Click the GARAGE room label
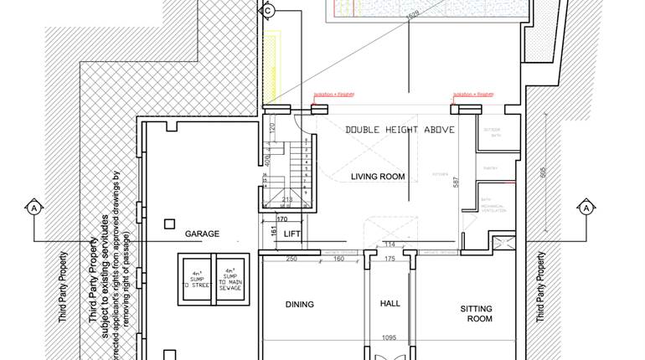pos(202,234)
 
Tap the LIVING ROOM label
pos(377,177)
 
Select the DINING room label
pos(299,305)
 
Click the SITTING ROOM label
pos(476,314)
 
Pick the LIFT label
pos(292,234)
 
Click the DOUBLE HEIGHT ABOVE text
pos(400,130)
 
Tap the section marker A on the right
pos(586,207)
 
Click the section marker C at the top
pos(268,11)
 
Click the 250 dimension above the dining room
pos(291,259)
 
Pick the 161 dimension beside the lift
pos(272,232)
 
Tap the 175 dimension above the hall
pos(389,259)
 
